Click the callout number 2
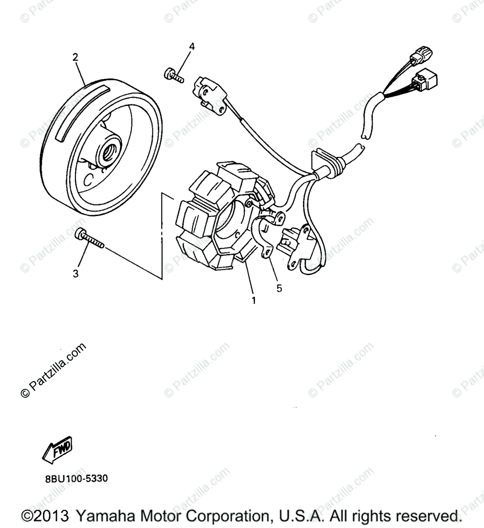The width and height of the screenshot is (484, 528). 75,57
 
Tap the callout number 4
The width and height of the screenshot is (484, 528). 192,47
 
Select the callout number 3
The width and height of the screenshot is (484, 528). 76,274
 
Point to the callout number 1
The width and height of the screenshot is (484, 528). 253,301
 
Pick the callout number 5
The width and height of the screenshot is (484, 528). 279,289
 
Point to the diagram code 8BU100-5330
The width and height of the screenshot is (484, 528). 76,478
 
